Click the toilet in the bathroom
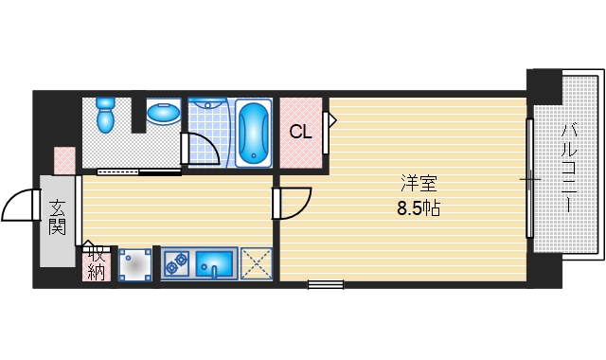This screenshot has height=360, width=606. (x=105, y=115)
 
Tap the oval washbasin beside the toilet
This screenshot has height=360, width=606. (x=164, y=113)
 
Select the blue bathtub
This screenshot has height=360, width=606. (x=254, y=133)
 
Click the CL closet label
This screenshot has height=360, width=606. (x=300, y=133)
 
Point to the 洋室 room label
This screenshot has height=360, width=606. (x=419, y=184)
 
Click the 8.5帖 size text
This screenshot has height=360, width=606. (x=419, y=208)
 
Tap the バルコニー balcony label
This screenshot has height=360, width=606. (x=569, y=168)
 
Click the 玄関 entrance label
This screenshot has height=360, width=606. (x=57, y=218)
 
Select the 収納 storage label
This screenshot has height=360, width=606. (x=97, y=263)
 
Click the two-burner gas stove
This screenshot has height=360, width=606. (x=176, y=264)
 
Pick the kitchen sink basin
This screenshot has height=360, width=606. (x=215, y=264)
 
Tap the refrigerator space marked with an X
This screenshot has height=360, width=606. (x=257, y=263)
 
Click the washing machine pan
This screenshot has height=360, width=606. (x=134, y=265)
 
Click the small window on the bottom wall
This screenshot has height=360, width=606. (x=326, y=285)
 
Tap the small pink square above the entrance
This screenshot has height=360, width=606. (x=64, y=160)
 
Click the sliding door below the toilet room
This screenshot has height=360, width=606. (x=139, y=172)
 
